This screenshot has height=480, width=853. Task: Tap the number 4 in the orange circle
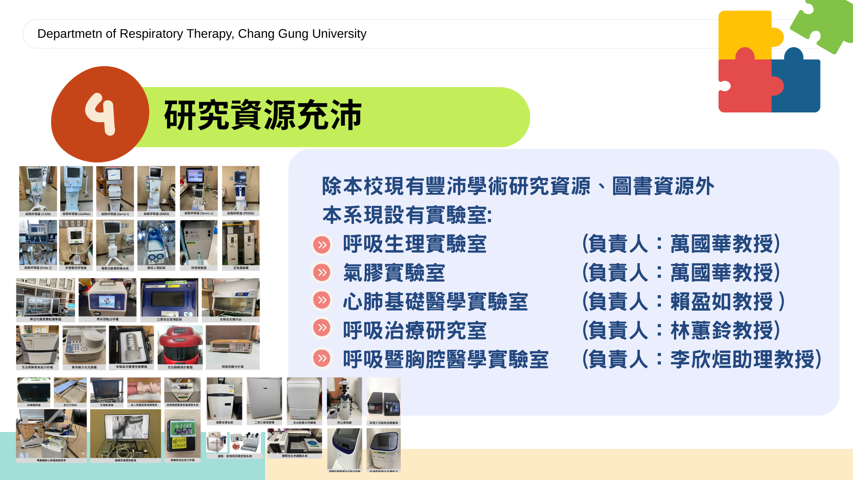pyautogui.click(x=100, y=114)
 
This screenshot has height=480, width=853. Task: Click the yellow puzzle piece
pyautogui.click(x=746, y=33)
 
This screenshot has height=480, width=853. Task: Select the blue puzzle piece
pyautogui.click(x=797, y=84)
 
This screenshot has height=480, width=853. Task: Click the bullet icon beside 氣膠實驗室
pyautogui.click(x=322, y=272)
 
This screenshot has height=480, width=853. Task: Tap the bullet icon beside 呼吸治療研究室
pyautogui.click(x=322, y=328)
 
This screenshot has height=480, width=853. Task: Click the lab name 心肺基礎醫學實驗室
pyautogui.click(x=435, y=301)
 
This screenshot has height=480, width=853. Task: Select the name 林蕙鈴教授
pyautogui.click(x=722, y=330)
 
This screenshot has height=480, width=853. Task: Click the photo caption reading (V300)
pyautogui.click(x=38, y=214)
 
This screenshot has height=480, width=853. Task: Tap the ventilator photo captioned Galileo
pyautogui.click(x=76, y=190)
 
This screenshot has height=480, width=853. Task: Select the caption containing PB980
pyautogui.click(x=241, y=213)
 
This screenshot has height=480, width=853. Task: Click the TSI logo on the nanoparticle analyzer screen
pyautogui.click(x=107, y=301)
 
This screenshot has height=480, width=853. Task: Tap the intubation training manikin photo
pyautogui.click(x=144, y=390)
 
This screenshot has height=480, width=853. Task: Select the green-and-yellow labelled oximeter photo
pyautogui.click(x=182, y=433)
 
